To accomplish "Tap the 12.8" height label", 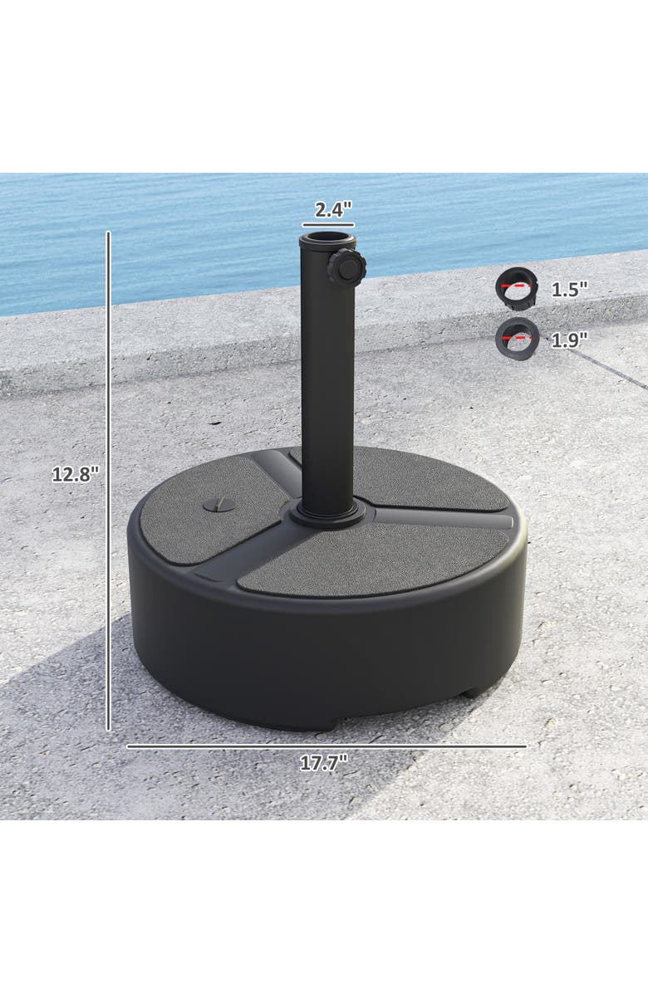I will [76, 474].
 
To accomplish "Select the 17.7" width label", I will [323, 764].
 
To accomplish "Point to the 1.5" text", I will [569, 290].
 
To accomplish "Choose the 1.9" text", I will [569, 339].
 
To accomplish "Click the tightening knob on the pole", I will [345, 268].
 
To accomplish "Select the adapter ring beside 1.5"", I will [518, 286].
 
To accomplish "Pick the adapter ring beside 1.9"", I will [518, 336].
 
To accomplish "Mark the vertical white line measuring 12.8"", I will [108, 482].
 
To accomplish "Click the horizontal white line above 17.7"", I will [326, 746].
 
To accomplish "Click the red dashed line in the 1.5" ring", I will [516, 284].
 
